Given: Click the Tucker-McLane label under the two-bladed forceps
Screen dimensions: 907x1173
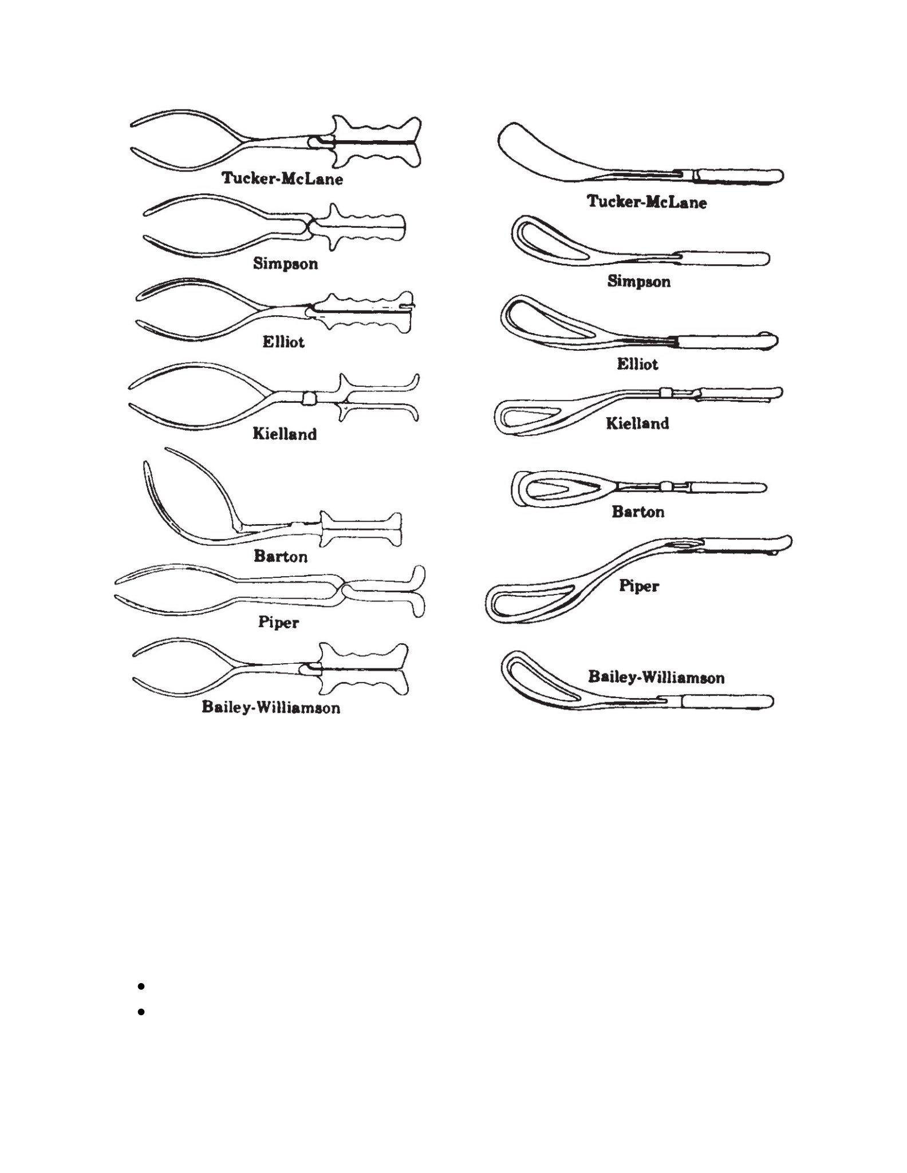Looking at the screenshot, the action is pos(282,179).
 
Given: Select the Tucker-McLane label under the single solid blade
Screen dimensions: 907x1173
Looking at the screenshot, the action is pos(646,201).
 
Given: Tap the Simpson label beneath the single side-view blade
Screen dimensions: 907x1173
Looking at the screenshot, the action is pos(638,281).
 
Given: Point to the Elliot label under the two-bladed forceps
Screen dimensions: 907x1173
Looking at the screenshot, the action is pos(283,342).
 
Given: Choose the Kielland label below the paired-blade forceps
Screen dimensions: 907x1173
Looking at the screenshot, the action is pos(285,434).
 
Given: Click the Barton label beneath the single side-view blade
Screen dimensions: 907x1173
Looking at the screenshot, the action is pos(638,511).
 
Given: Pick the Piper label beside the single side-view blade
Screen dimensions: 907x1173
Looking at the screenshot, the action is pos(639,586).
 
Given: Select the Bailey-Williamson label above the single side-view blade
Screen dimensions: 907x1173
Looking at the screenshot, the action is pos(656,677).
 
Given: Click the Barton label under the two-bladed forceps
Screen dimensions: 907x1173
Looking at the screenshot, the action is pos(281,556).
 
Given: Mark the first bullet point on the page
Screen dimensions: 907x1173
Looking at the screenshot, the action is pos(141,986).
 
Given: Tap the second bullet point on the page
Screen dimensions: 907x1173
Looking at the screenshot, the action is pos(141,1012).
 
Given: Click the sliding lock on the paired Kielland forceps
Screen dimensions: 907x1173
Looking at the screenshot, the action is pos(309,398).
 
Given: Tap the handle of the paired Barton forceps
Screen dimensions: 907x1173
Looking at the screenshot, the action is pos(361,529).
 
